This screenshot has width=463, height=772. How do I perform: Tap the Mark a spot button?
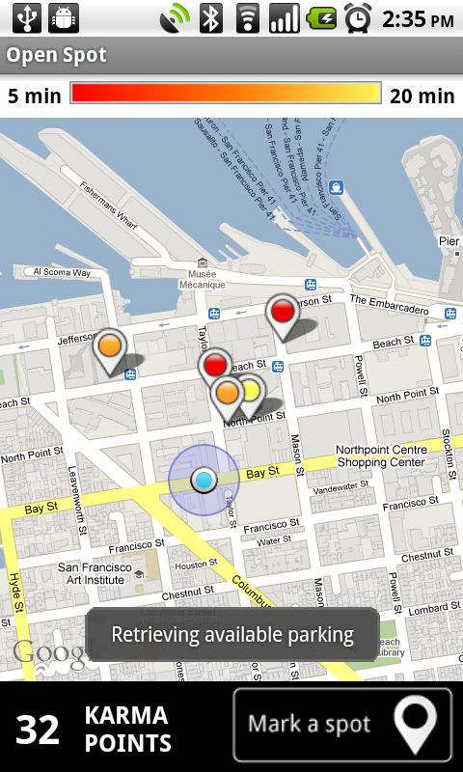click(342, 725)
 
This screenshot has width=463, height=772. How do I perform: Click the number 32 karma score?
click(38, 729)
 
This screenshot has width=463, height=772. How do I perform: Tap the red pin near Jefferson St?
click(282, 312)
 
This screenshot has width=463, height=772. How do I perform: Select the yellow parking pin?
click(250, 391)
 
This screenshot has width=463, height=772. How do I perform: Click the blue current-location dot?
click(204, 480)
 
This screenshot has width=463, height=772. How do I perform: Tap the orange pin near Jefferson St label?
click(110, 345)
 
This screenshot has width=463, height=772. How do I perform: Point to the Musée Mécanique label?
click(201, 279)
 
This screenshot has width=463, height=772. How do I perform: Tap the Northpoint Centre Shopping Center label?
click(380, 455)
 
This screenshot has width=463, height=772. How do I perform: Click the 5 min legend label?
click(34, 96)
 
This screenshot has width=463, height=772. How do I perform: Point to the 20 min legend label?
click(422, 96)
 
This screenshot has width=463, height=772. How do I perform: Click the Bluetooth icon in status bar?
click(211, 17)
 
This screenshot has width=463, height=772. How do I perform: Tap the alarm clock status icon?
click(356, 17)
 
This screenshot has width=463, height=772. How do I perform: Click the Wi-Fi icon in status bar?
click(248, 17)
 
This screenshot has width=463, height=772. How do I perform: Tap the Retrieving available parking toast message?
click(232, 635)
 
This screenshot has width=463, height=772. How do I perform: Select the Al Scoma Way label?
click(62, 272)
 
